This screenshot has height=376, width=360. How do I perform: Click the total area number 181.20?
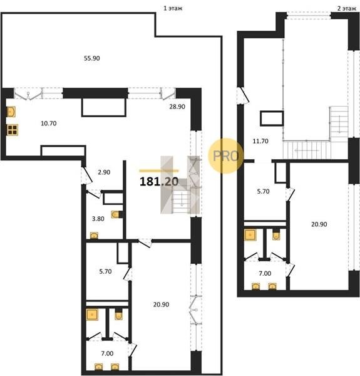pyautogui.click(x=159, y=182)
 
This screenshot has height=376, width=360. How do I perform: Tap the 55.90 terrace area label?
pyautogui.click(x=92, y=58)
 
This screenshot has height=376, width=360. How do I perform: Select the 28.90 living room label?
pyautogui.click(x=177, y=107)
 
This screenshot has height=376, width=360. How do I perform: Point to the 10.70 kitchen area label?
pyautogui.click(x=49, y=123)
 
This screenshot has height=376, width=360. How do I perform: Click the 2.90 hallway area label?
pyautogui.click(x=104, y=172)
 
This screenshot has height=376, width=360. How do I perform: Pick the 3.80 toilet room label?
pyautogui.click(x=98, y=219)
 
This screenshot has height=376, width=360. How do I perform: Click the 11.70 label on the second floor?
pyautogui.click(x=260, y=141)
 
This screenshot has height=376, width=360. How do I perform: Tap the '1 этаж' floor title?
pyautogui.click(x=173, y=8)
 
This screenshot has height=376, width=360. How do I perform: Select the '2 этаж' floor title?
pyautogui.click(x=347, y=9)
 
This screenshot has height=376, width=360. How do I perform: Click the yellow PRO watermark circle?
pyautogui.click(x=225, y=156)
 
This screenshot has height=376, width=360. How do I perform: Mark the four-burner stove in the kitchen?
pyautogui.click(x=13, y=130)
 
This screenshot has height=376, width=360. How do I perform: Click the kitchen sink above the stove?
pyautogui.click(x=11, y=112)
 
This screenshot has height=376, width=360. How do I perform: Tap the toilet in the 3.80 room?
pyautogui.click(x=115, y=214)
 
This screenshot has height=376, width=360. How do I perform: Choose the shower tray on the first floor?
pyautogui.click(x=92, y=315)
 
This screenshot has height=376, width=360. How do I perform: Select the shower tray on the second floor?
pyautogui.click(x=250, y=235)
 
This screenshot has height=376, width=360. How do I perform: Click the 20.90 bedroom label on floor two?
pyautogui.click(x=319, y=224)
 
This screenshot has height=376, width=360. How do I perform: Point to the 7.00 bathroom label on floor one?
pyautogui.click(x=107, y=353)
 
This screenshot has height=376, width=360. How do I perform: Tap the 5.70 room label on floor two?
pyautogui.click(x=263, y=192)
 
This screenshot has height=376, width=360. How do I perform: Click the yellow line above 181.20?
pyautogui.click(x=159, y=171)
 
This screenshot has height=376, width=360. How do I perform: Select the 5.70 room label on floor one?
pyautogui.click(x=105, y=272)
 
